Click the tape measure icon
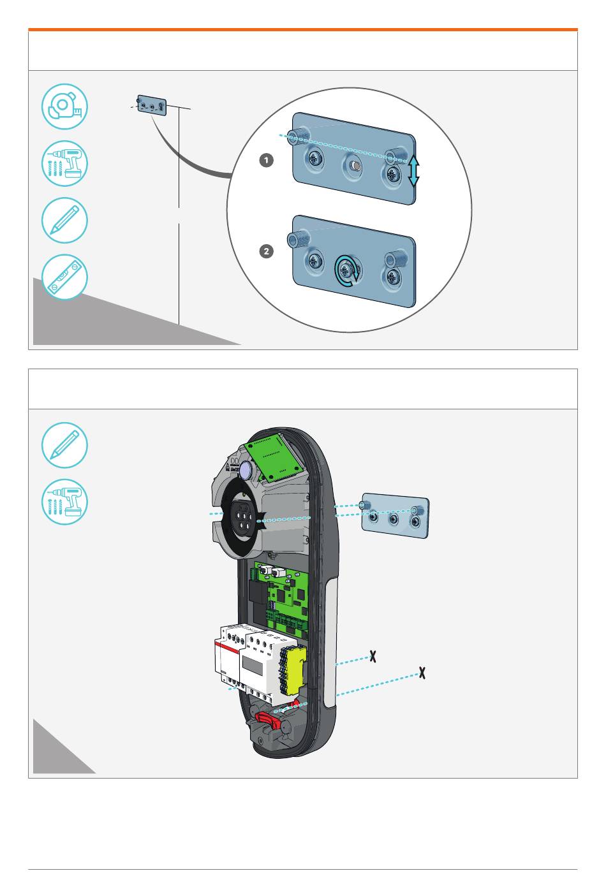click(64, 107)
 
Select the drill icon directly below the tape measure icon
click(64, 163)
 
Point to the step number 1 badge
click(267, 161)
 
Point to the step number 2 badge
click(267, 251)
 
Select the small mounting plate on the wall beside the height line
click(152, 105)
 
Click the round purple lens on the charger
click(246, 471)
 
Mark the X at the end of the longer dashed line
click(422, 672)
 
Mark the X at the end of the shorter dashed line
click(373, 656)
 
